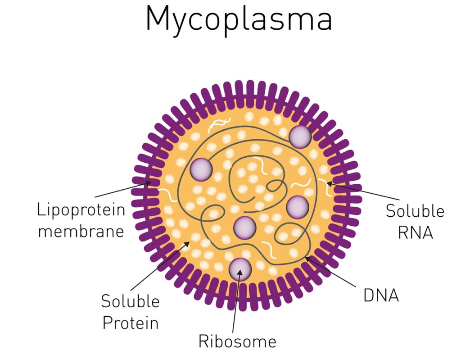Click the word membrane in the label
(81, 232)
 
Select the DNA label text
(381, 295)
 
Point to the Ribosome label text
(237, 342)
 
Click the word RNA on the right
(416, 232)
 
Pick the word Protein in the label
(131, 323)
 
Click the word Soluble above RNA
(415, 211)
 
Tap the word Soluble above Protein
(130, 301)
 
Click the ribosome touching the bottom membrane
(240, 269)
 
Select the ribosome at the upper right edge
(300, 137)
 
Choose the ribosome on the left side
(201, 169)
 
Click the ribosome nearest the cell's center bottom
(244, 228)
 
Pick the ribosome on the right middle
(298, 207)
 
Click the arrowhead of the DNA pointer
(306, 258)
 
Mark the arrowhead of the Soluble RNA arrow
(328, 183)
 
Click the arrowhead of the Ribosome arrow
(240, 272)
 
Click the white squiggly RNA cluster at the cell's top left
(219, 124)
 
